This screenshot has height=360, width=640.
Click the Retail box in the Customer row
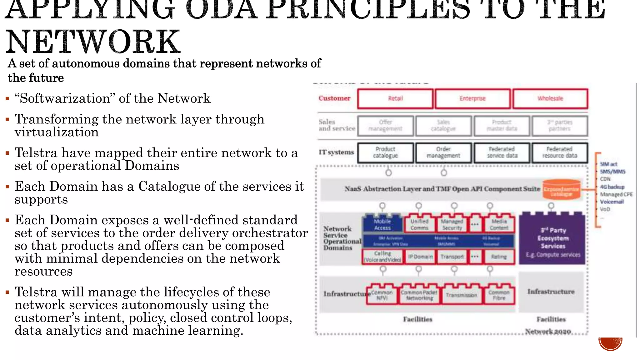click(395, 99)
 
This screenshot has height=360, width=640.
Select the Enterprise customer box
click(472, 99)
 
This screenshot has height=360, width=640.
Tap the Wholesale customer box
click(550, 99)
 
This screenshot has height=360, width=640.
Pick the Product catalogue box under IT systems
click(385, 152)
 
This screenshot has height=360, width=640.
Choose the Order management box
click(443, 152)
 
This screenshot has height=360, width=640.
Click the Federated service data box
click(502, 152)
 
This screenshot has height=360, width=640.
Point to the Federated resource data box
click(560, 152)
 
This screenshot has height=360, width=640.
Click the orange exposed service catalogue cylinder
click(561, 189)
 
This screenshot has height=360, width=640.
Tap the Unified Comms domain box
click(419, 224)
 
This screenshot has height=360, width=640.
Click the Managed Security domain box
click(452, 224)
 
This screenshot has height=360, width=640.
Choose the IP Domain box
click(420, 257)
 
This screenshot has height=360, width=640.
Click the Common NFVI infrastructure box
click(382, 295)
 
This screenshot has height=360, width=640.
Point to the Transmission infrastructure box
click(461, 295)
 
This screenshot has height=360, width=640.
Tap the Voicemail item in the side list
click(612, 202)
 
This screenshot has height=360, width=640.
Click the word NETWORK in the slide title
click(93, 42)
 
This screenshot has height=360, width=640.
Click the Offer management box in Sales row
click(385, 126)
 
